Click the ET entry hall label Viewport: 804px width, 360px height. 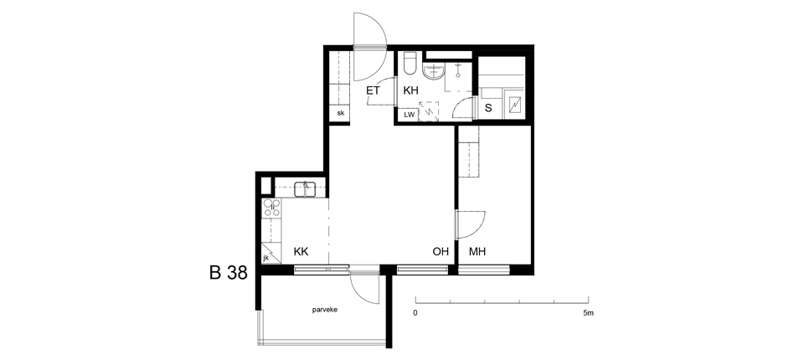(x=373, y=90)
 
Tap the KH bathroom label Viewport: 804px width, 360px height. (x=410, y=90)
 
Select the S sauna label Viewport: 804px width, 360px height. (x=488, y=108)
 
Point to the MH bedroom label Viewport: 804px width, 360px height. (x=477, y=252)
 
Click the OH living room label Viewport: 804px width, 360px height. (x=441, y=252)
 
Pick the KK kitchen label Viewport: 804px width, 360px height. (x=301, y=252)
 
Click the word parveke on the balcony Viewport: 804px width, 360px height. (x=325, y=311)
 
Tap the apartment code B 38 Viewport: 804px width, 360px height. (x=228, y=273)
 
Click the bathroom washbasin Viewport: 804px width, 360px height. (x=434, y=72)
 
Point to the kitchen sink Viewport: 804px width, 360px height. (x=305, y=189)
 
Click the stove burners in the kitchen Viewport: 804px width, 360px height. (x=271, y=207)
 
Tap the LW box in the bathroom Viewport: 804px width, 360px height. (x=410, y=115)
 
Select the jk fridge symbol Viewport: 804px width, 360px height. (x=271, y=254)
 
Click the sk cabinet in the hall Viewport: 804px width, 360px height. (x=340, y=113)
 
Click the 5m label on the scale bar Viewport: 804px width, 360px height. (x=588, y=312)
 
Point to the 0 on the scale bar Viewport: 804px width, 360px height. (x=415, y=312)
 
